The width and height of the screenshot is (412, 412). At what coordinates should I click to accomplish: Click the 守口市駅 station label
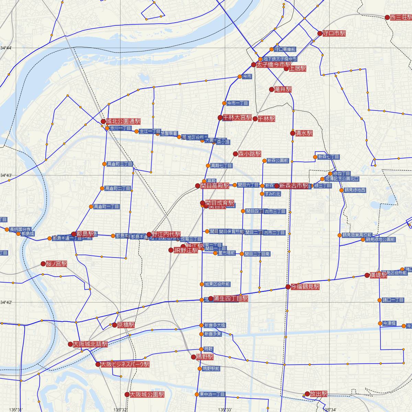pyautogui.click(x=334, y=34)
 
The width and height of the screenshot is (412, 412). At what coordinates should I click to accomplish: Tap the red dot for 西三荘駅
pyautogui.click(x=387, y=17)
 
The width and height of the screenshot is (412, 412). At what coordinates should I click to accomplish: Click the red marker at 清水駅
pyautogui.click(x=293, y=133)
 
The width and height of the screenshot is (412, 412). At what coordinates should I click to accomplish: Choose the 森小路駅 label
pyautogui.click(x=250, y=154)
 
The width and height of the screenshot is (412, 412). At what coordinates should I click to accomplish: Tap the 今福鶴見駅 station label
pyautogui.click(x=305, y=287)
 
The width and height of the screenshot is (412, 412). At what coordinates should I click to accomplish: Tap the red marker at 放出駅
pyautogui.click(x=307, y=394)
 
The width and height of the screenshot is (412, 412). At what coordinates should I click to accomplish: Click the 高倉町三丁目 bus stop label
pyautogui.click(x=119, y=164)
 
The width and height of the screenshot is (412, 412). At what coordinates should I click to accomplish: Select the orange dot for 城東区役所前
pyautogui.click(x=202, y=284)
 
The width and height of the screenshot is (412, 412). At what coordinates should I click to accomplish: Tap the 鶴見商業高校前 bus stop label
pyautogui.click(x=357, y=235)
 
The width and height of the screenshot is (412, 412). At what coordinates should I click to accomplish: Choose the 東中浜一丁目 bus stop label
pyautogui.click(x=212, y=394)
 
